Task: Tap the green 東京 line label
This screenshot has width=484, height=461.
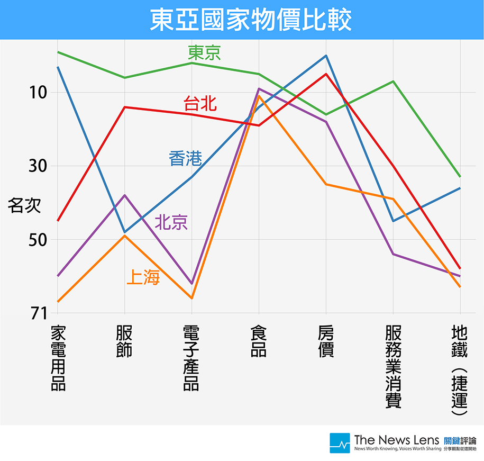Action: (x=205, y=52)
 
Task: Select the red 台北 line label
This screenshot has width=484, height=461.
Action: (x=200, y=103)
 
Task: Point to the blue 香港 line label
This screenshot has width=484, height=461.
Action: (x=185, y=158)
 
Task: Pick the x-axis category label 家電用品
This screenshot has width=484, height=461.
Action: (x=58, y=358)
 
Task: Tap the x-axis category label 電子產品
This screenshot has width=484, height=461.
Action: (x=191, y=358)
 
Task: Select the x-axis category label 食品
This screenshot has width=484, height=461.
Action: (x=259, y=341)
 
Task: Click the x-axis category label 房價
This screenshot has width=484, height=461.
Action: (x=326, y=341)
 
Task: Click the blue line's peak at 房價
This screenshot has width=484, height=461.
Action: (x=326, y=56)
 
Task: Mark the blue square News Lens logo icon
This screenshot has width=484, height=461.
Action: (x=340, y=442)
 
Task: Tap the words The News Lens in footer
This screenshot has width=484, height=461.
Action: (x=396, y=439)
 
